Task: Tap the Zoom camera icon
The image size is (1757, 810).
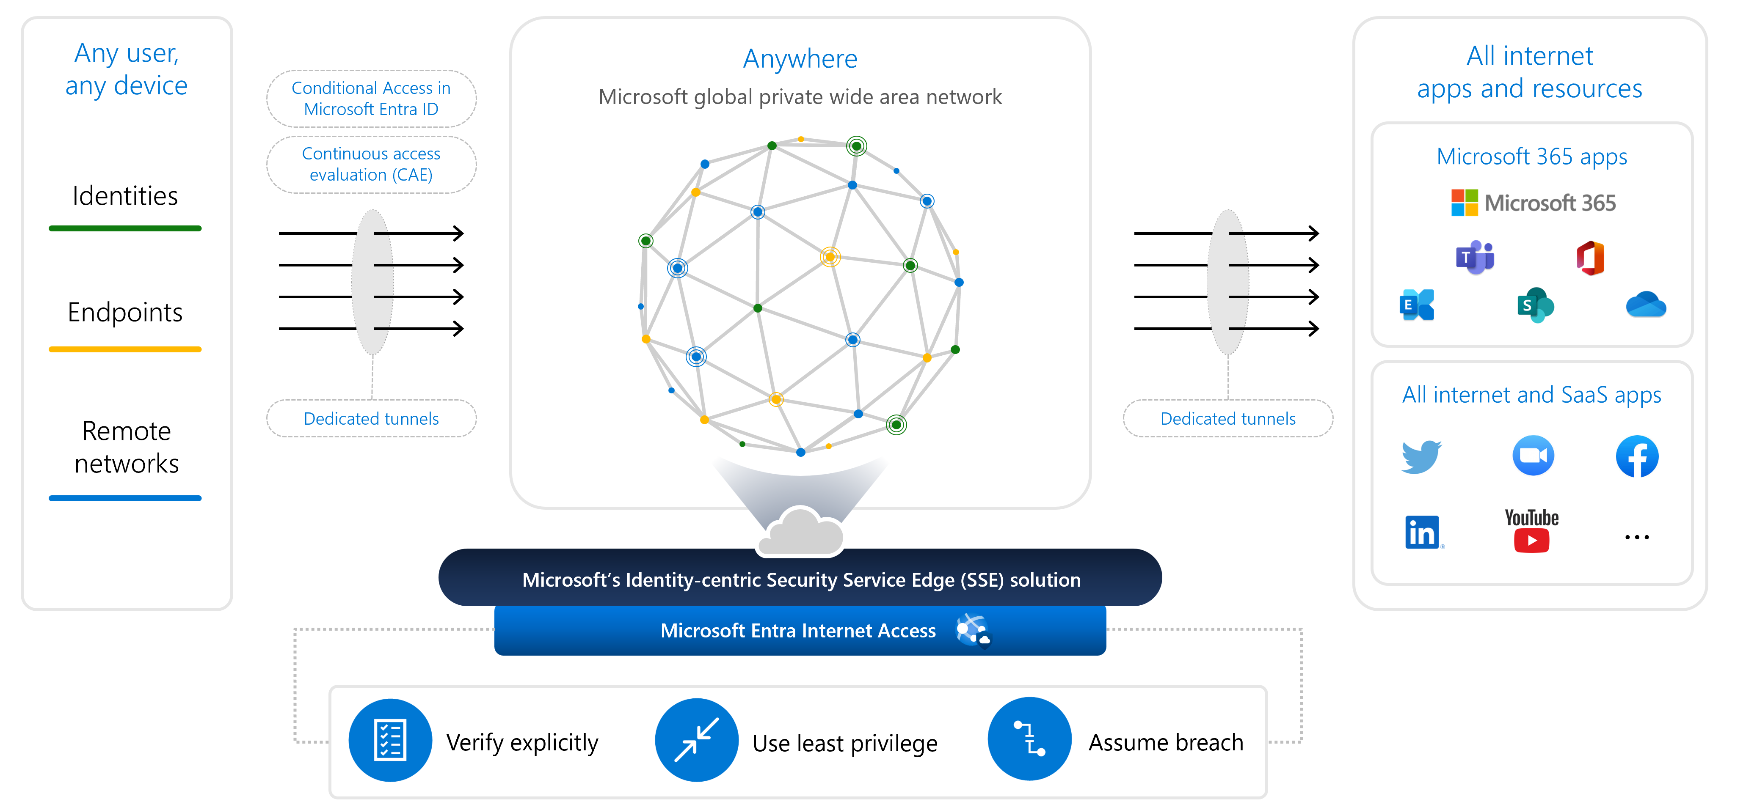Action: [x=1533, y=456]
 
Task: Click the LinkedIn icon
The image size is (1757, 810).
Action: [x=1422, y=532]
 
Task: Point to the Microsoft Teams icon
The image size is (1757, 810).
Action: [x=1475, y=258]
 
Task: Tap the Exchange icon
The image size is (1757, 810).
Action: [x=1417, y=305]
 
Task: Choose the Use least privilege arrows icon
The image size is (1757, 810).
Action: [x=696, y=740]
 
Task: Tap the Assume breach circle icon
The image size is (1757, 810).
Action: [x=1029, y=739]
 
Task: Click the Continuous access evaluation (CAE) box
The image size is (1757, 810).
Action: [x=371, y=164]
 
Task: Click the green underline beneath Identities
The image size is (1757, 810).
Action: [x=125, y=228]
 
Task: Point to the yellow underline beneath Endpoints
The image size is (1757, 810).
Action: [x=125, y=349]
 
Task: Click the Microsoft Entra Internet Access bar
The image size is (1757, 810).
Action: [x=800, y=631]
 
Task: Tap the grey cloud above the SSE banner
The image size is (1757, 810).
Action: [x=801, y=532]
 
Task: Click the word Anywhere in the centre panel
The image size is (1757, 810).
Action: [x=800, y=59]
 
